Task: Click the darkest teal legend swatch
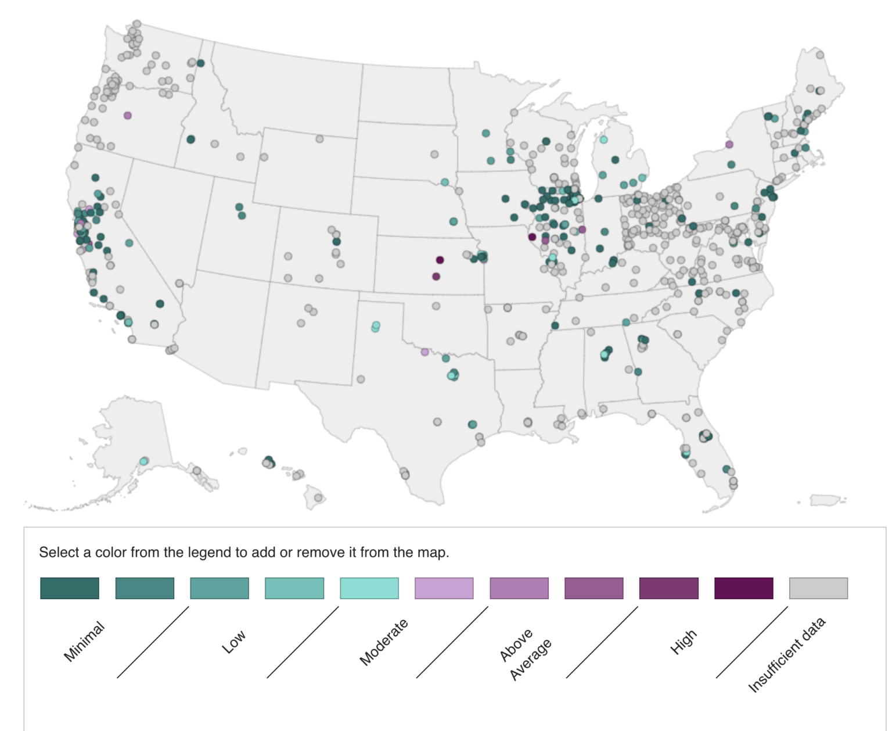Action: [70, 588]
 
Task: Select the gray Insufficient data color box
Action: [818, 588]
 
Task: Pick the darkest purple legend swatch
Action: [743, 588]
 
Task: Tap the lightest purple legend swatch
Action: [444, 588]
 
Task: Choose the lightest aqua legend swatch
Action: [369, 588]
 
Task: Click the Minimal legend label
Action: [84, 641]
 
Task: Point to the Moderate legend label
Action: [384, 642]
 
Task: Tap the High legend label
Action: [683, 642]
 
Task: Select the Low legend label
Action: [234, 642]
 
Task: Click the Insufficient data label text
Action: [787, 655]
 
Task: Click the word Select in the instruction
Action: [57, 552]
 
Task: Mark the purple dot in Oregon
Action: [128, 116]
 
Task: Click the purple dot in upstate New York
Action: [729, 144]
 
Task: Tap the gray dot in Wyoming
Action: [319, 139]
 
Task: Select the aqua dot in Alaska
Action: [143, 461]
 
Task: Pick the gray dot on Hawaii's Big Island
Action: [318, 497]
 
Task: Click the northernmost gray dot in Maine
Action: [820, 55]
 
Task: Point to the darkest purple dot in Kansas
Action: [440, 260]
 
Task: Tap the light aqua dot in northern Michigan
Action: [603, 139]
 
